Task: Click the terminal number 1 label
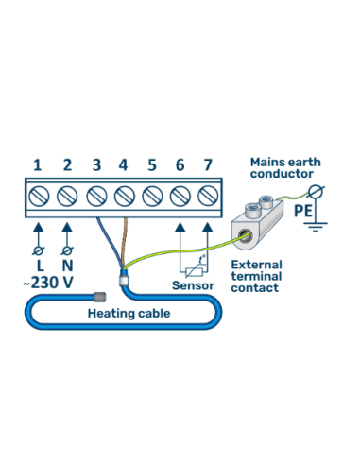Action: (38, 165)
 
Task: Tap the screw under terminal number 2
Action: (67, 198)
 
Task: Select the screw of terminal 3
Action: (96, 198)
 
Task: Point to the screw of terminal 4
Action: (124, 198)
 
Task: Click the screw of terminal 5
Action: (152, 198)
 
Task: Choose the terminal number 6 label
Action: (180, 165)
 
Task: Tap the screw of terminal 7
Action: (208, 198)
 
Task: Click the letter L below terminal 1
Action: (38, 268)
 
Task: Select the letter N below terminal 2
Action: (67, 268)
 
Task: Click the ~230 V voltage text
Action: (48, 284)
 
